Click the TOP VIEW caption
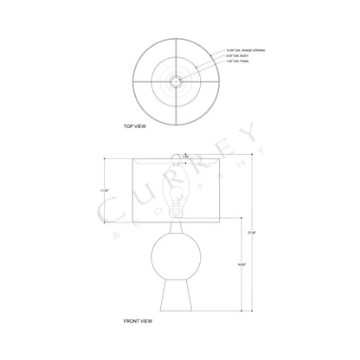(x=135, y=126)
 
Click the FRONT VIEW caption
(x=140, y=321)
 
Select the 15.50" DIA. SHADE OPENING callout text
(x=246, y=51)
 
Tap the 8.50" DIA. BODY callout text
(x=237, y=56)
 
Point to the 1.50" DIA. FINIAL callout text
(x=239, y=61)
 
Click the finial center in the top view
(x=176, y=80)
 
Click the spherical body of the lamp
(x=176, y=255)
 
